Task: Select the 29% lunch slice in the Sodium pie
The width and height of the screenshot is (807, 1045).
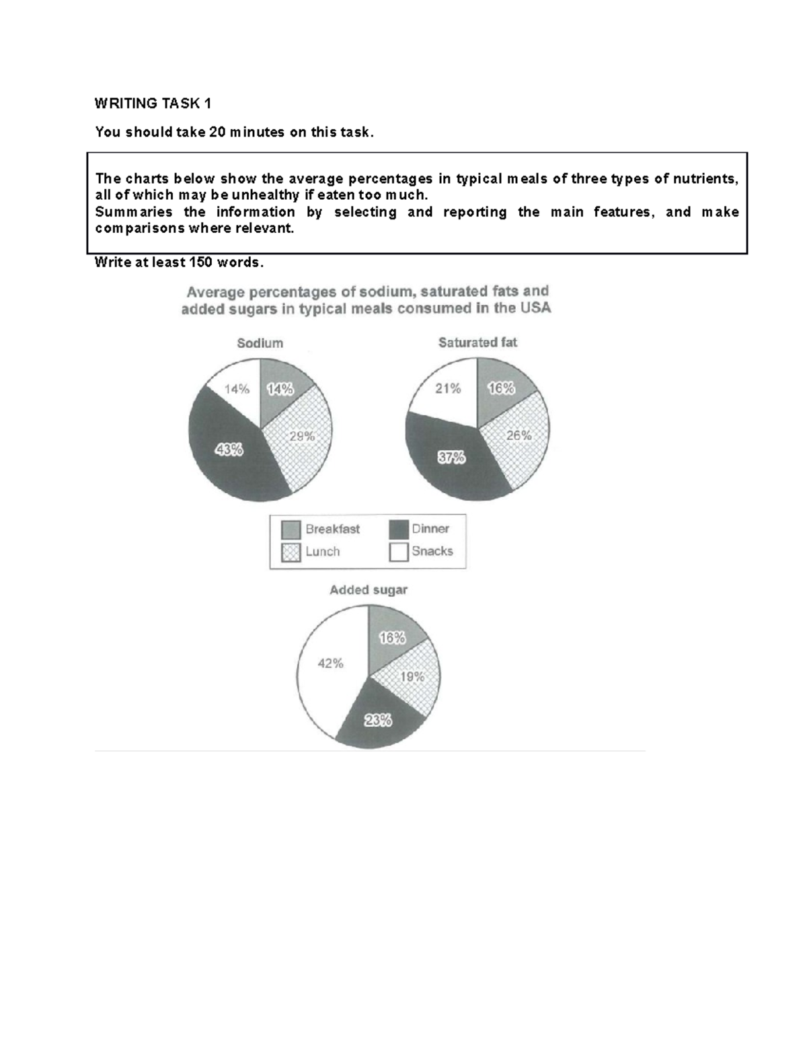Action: [301, 437]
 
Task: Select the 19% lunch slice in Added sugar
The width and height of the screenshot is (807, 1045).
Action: [412, 676]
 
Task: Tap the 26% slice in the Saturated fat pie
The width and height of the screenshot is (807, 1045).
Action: [518, 436]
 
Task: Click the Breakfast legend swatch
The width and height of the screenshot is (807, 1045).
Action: [291, 530]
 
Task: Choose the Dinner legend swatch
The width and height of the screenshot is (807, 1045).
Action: [399, 530]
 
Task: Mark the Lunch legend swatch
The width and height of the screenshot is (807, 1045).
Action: [291, 552]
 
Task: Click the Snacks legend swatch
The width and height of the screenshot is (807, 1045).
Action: [399, 552]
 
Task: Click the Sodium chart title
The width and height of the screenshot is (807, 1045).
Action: [260, 343]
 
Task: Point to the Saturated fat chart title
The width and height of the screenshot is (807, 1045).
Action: [477, 343]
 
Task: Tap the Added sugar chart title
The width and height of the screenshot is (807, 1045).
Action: [368, 590]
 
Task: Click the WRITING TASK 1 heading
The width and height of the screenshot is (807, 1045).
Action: [153, 104]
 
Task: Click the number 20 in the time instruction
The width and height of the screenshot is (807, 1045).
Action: [217, 133]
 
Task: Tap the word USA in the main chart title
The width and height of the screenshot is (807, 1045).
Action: [535, 308]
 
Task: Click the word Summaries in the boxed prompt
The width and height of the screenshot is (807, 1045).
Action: [134, 212]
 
